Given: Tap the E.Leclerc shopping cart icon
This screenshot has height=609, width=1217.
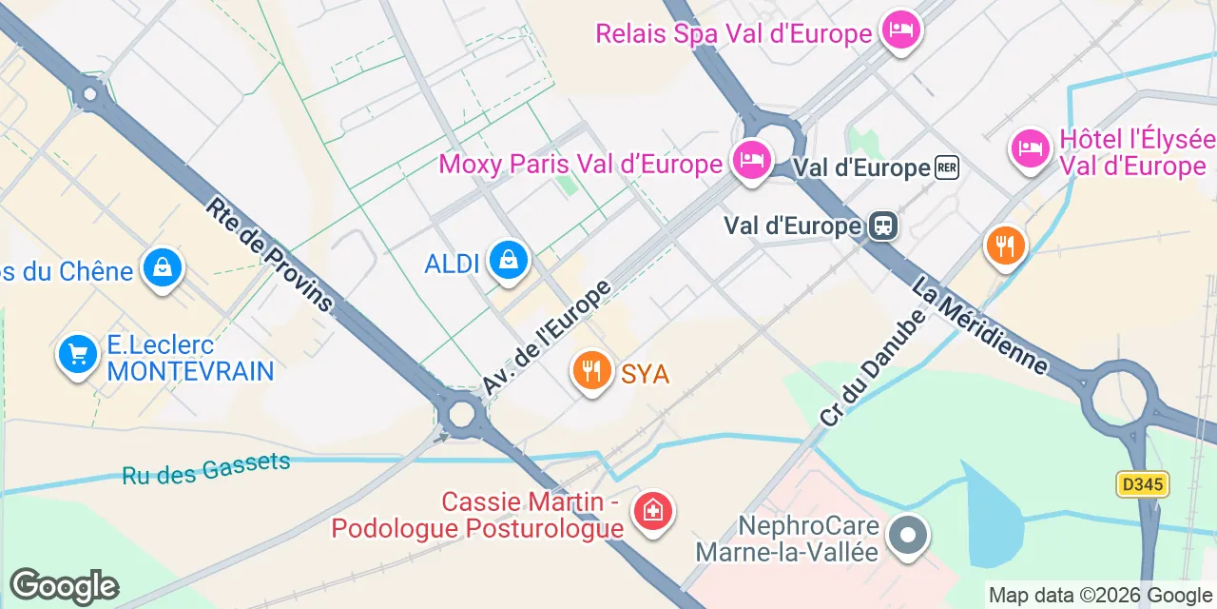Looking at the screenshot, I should (x=78, y=355).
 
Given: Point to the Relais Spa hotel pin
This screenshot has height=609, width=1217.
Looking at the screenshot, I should (x=899, y=29).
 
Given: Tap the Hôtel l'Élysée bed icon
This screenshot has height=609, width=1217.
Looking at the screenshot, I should (x=1031, y=147).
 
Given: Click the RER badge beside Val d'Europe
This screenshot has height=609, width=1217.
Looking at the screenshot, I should (x=947, y=168).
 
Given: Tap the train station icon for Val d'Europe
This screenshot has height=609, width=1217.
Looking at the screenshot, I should (x=883, y=226).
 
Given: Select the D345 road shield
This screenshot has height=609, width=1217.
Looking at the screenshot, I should (x=1142, y=484).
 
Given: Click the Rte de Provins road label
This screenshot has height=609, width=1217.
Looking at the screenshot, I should (x=270, y=255).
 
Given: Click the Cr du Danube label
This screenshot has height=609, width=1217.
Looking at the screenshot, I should (x=872, y=367).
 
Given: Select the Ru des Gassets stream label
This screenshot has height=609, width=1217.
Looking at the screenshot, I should (x=206, y=468).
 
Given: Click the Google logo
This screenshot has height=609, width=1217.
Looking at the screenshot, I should (x=65, y=585).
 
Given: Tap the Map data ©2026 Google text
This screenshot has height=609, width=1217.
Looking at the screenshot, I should (x=1101, y=596).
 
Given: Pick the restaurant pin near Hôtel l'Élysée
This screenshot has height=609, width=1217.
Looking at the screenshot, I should (x=1005, y=246).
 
